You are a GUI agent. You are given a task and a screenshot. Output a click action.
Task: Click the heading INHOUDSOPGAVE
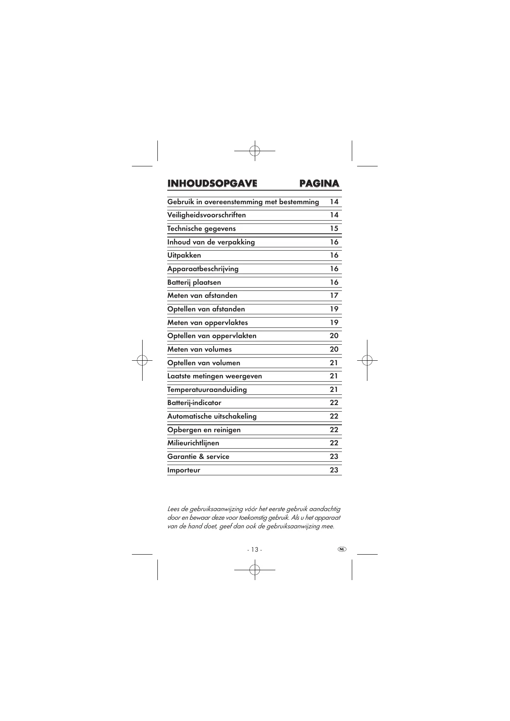(212, 183)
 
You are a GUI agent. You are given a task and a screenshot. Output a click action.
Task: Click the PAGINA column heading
(319, 183)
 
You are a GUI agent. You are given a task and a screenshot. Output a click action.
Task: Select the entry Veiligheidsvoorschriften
(206, 215)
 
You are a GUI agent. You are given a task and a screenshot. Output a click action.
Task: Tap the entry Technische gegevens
(201, 228)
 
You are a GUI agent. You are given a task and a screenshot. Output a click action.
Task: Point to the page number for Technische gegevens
(334, 228)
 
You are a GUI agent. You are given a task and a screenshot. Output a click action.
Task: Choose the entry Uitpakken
(184, 255)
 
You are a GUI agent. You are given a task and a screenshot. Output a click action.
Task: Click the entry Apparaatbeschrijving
(203, 269)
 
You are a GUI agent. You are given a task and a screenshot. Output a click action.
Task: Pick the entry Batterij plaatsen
(194, 282)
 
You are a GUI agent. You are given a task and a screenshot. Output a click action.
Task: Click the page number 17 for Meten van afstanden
(334, 295)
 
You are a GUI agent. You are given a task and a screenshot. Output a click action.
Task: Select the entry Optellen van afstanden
(206, 309)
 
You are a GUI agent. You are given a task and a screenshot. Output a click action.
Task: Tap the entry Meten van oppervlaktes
(208, 322)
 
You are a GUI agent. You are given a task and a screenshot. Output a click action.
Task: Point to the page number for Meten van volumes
(334, 349)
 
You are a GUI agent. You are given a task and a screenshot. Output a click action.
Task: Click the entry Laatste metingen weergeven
(215, 376)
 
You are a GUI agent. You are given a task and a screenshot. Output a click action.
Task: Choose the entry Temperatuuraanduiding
(207, 389)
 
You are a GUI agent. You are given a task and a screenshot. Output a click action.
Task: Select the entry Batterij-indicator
(194, 403)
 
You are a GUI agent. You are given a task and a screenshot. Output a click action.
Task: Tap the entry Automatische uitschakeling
(212, 416)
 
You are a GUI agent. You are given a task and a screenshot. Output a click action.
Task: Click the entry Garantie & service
(198, 456)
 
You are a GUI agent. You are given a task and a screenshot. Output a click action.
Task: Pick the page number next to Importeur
(334, 470)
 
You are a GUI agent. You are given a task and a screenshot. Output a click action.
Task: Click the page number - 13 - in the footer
(254, 550)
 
